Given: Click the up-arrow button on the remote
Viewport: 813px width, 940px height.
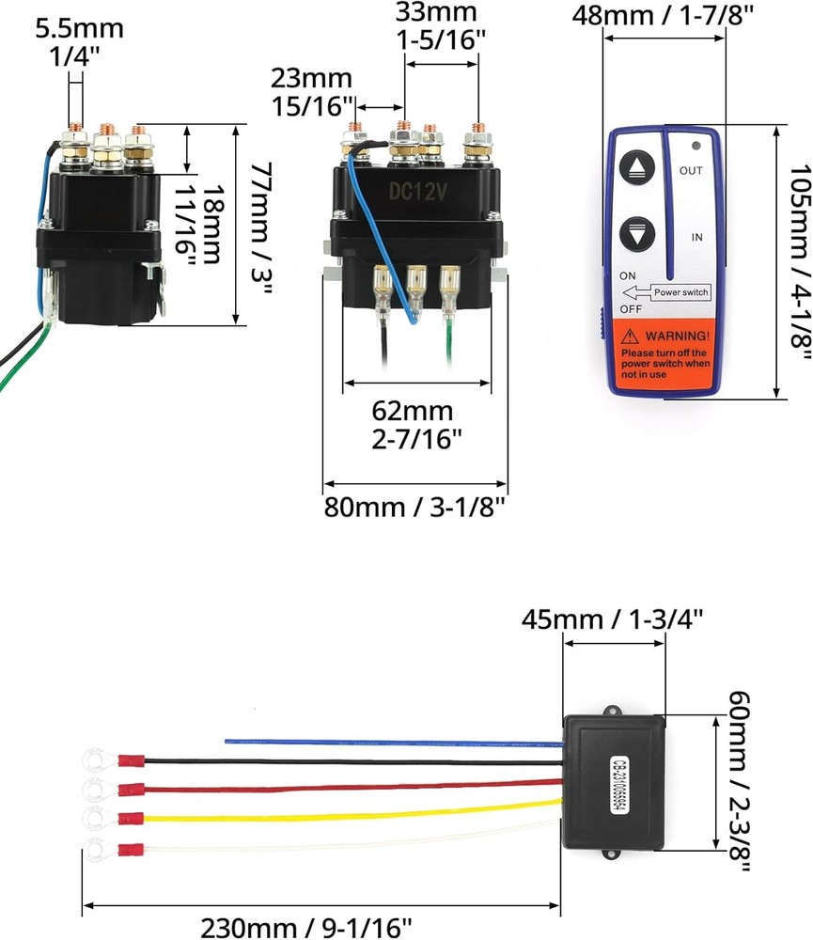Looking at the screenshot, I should point(636,168).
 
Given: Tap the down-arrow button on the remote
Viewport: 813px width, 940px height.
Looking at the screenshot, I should point(636,235).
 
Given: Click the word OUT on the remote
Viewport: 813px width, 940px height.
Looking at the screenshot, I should point(691,170).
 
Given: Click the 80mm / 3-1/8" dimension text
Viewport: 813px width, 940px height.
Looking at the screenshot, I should point(414,507).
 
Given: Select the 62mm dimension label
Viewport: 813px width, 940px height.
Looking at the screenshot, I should point(414,411).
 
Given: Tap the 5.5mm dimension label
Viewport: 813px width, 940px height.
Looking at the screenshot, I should point(79,28).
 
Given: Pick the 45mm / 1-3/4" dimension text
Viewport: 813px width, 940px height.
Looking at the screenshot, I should point(613,620).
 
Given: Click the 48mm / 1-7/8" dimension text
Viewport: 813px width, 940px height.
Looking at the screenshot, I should point(664,16).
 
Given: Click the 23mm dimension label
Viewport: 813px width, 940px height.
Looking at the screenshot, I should point(312,78).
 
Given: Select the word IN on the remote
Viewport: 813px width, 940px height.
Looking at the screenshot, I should point(696,238).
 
